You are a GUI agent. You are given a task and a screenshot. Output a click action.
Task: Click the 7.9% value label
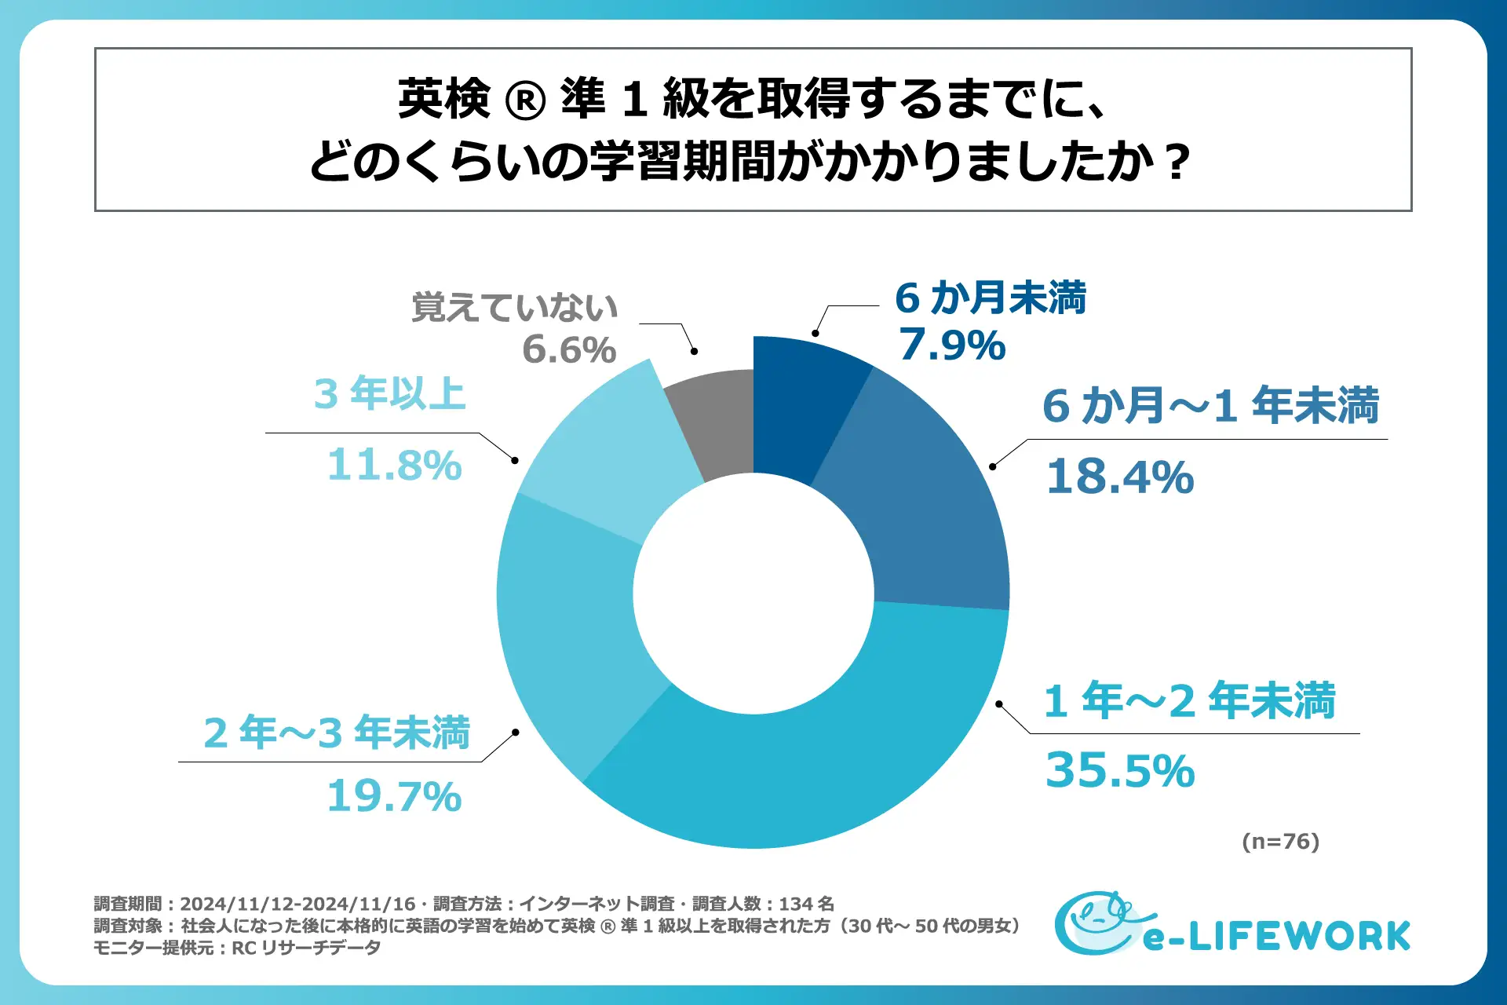pos(952,345)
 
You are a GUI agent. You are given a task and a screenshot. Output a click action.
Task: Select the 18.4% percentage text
pos(1120,477)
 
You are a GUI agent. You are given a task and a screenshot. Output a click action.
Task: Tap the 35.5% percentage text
pos(1120,770)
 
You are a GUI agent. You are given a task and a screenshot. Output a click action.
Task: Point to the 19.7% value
pos(394,796)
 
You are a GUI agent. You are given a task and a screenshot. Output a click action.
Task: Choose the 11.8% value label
pos(394,465)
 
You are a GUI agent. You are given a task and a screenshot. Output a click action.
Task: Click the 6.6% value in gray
pos(569,349)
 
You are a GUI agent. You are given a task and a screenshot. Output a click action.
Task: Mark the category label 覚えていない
pos(515,307)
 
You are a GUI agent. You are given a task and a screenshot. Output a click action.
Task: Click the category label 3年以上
pos(390,393)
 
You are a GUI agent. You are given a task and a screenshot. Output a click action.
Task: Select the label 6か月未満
pos(991,298)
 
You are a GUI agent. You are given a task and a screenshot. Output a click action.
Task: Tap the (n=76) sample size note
pos(1280,842)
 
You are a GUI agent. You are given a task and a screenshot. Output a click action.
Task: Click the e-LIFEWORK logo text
pos(1277,937)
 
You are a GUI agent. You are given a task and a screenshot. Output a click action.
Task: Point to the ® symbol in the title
pos(525,101)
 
